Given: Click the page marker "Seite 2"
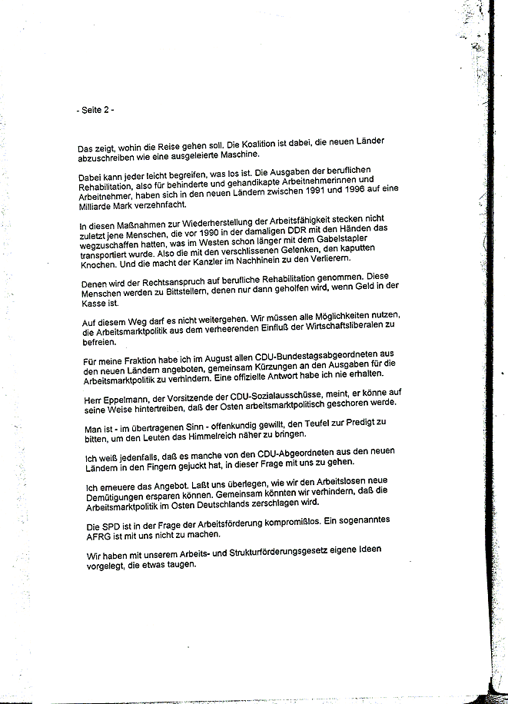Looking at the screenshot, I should click(x=98, y=110).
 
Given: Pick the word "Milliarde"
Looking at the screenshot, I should click(x=99, y=208).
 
